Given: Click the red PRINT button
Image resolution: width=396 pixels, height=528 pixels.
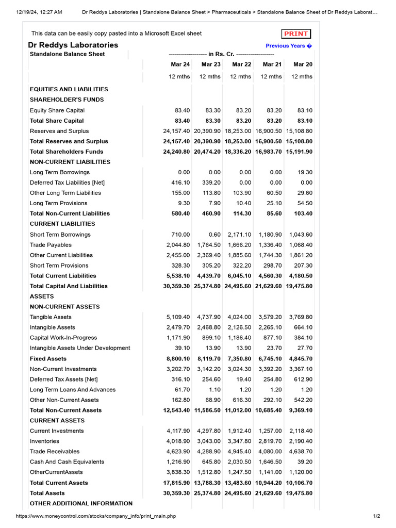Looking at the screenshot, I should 296,34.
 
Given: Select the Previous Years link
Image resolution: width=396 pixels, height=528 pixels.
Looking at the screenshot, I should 289,46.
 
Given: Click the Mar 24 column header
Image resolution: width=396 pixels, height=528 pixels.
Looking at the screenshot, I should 180,64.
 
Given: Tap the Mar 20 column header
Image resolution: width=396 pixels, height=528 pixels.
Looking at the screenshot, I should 303,64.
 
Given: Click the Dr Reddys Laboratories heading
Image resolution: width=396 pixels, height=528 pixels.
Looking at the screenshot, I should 73,45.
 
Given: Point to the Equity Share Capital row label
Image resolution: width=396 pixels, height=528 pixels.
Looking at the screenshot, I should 57,110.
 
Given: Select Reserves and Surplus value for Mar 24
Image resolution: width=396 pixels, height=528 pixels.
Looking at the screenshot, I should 176,131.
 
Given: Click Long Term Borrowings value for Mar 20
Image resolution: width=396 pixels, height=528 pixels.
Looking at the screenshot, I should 305,172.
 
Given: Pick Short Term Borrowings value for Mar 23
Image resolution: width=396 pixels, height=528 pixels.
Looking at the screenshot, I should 214,235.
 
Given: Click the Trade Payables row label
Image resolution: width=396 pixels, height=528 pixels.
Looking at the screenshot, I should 51,245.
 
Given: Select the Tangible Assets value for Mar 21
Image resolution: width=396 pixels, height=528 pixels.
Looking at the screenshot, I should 271,317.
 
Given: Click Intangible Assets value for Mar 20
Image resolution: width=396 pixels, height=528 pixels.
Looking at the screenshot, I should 302,327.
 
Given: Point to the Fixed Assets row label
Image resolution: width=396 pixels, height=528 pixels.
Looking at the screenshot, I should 48,358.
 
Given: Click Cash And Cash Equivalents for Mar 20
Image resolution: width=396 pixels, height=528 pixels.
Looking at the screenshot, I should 305,462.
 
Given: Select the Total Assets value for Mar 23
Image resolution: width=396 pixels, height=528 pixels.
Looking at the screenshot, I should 207,493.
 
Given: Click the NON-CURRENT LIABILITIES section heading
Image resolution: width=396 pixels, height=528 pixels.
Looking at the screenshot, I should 70,162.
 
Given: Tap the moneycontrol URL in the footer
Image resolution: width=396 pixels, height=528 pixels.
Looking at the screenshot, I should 95,516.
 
